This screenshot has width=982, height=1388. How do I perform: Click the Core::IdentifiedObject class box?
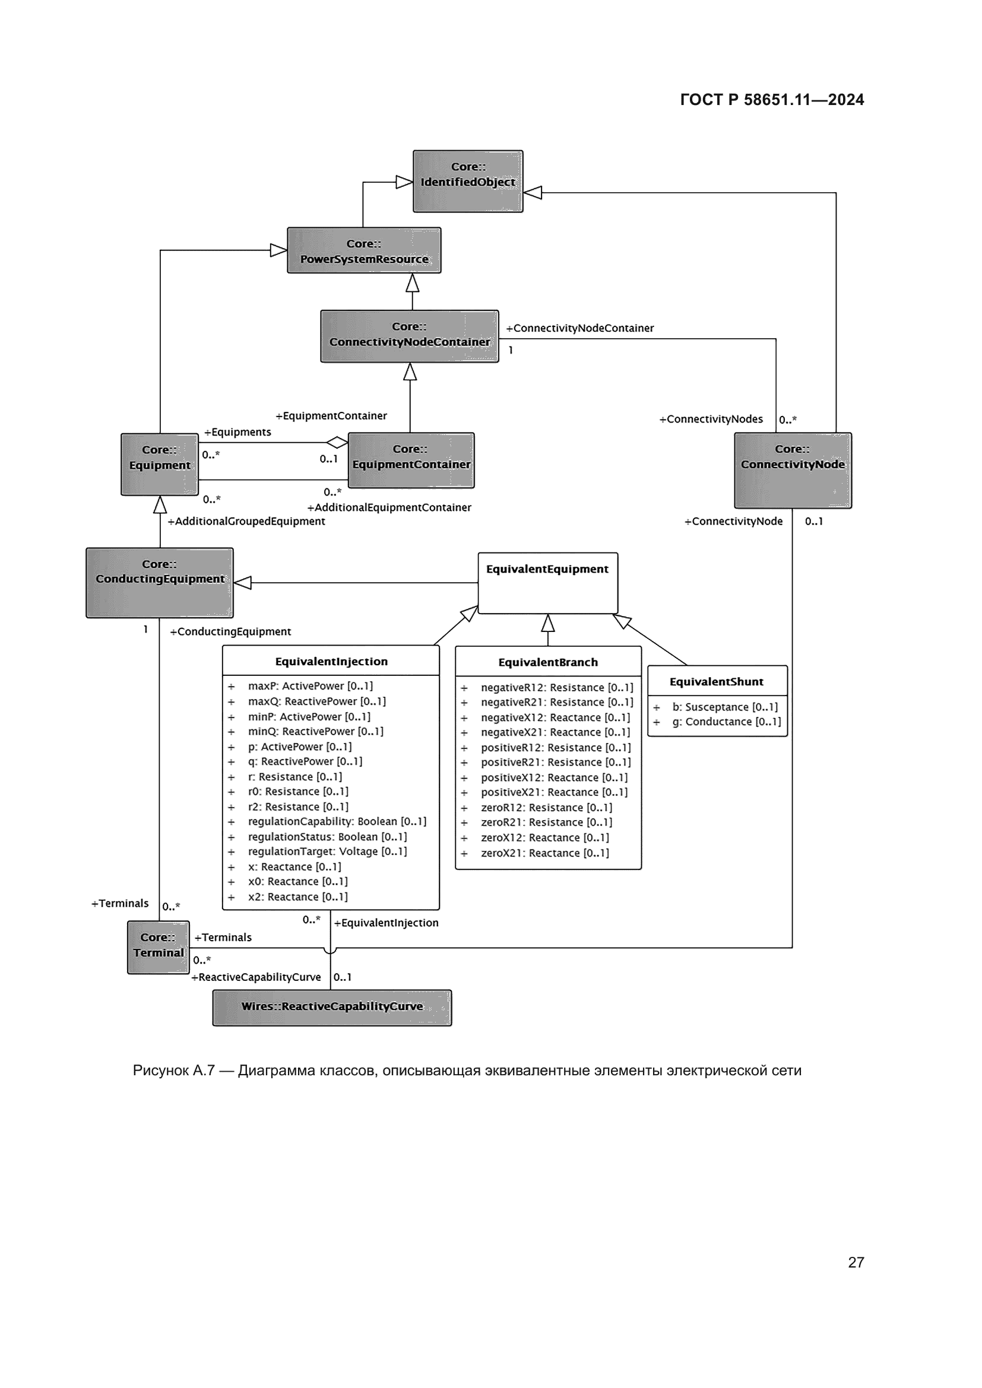467,181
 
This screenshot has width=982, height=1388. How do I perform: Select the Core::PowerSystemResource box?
363,250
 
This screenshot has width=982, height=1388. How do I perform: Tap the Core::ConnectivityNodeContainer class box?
410,336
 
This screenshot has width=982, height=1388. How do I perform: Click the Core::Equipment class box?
160,464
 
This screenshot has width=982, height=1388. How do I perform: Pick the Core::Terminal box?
158,946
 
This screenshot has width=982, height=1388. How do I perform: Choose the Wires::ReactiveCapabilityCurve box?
332,1007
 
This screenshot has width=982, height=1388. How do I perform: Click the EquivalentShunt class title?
716,681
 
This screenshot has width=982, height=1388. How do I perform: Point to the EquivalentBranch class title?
547,662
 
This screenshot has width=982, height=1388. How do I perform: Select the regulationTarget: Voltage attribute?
327,851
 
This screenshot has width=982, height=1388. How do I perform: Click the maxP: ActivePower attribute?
309,685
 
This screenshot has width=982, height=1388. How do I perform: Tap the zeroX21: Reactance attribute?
544,852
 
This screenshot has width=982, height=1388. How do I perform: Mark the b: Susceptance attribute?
724,707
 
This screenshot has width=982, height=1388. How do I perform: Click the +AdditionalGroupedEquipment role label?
246,521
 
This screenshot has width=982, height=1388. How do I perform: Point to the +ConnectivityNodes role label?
711,419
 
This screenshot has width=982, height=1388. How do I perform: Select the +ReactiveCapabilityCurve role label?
256,977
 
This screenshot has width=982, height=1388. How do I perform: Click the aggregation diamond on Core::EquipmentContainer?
337,443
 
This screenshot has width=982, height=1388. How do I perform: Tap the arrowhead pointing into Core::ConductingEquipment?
242,583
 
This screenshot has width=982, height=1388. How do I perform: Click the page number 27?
856,1262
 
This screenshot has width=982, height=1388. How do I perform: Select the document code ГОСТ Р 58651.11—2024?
772,100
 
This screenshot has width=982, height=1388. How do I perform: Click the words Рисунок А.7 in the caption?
173,1070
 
